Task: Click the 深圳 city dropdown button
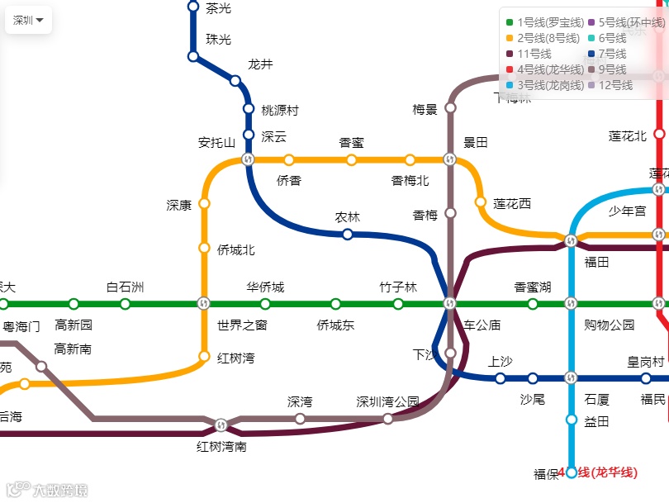(x=28, y=21)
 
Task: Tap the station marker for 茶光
(x=193, y=7)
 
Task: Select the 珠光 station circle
(x=193, y=56)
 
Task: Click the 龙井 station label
(x=260, y=64)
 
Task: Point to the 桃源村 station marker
(x=249, y=108)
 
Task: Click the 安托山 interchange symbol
(x=248, y=159)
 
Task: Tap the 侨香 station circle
(x=289, y=160)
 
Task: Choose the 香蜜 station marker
(x=351, y=160)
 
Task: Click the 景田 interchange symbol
(x=450, y=159)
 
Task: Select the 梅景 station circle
(x=450, y=107)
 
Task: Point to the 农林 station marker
(x=348, y=235)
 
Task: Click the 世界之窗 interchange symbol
(x=204, y=304)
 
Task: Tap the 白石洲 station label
(x=125, y=287)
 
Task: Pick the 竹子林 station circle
(x=398, y=304)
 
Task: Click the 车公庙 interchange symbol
(x=450, y=304)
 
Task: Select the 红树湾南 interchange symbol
(x=221, y=425)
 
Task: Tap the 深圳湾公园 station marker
(x=387, y=419)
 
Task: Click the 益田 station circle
(x=571, y=420)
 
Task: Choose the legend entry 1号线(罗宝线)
(x=545, y=22)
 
